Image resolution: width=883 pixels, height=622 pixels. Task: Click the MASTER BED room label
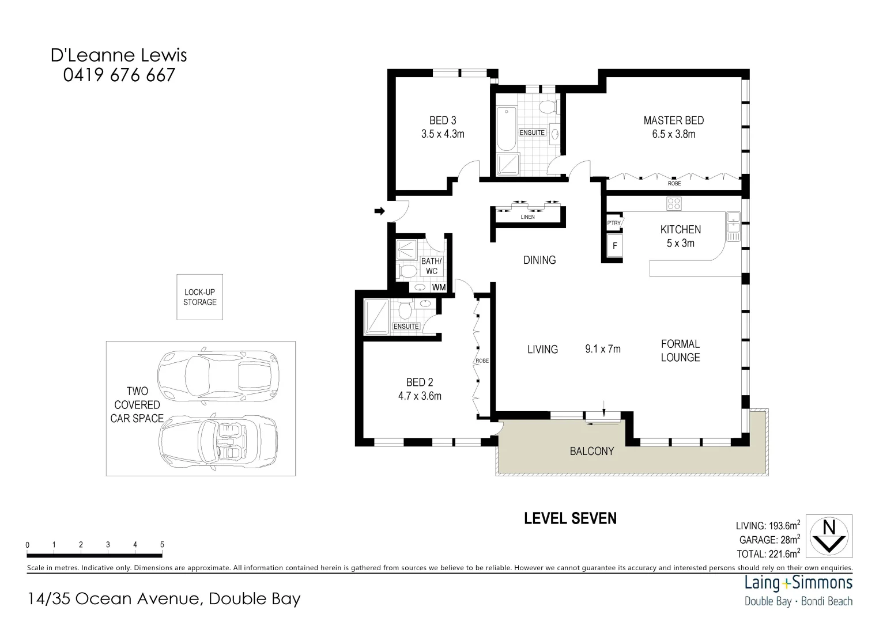coord(673,120)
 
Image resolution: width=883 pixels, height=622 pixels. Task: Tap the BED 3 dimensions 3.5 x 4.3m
coord(443,134)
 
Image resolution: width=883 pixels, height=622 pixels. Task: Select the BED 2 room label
coord(419,382)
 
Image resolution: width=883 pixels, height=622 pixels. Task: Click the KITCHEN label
coord(680,230)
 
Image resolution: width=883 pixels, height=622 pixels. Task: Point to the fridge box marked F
coord(614,246)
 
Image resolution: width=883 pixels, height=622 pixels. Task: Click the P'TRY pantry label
coord(614,223)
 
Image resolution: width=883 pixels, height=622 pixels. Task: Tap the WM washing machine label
coord(439,287)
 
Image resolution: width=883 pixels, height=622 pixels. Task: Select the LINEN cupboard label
coord(527,217)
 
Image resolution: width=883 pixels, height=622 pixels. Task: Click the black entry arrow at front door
coord(379,211)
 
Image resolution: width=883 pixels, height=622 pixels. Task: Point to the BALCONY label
coord(591,452)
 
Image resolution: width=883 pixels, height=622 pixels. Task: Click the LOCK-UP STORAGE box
coord(199,297)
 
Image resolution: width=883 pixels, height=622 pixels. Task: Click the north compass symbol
coord(829,536)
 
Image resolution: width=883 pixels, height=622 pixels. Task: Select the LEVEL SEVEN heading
coord(569,519)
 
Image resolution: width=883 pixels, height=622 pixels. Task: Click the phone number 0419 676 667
coord(119,75)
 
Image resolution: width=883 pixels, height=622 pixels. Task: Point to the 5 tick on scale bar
coord(162,545)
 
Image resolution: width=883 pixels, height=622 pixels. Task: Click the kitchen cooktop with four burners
coord(674,203)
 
